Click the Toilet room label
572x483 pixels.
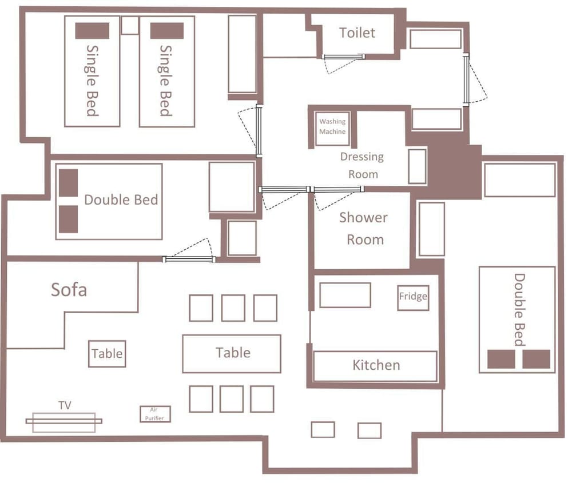(x=357, y=33)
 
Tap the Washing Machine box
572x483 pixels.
(x=332, y=128)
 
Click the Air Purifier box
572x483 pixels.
(x=155, y=414)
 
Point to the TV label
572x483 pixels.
(x=65, y=405)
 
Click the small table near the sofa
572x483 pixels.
(x=108, y=354)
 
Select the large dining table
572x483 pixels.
(x=232, y=354)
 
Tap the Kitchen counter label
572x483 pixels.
(x=376, y=365)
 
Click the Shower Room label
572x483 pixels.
(x=363, y=229)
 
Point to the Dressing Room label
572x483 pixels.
(x=362, y=165)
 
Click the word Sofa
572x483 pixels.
(x=69, y=290)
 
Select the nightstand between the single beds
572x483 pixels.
(x=129, y=25)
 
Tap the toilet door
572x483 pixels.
(x=344, y=57)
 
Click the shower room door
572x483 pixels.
(x=337, y=189)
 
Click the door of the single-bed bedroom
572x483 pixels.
(x=259, y=131)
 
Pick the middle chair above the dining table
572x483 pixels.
(x=233, y=308)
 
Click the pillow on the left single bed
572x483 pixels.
(x=92, y=31)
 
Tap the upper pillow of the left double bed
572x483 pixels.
(x=69, y=183)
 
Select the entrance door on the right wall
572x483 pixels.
(x=466, y=79)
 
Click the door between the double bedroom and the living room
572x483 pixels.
(x=189, y=260)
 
